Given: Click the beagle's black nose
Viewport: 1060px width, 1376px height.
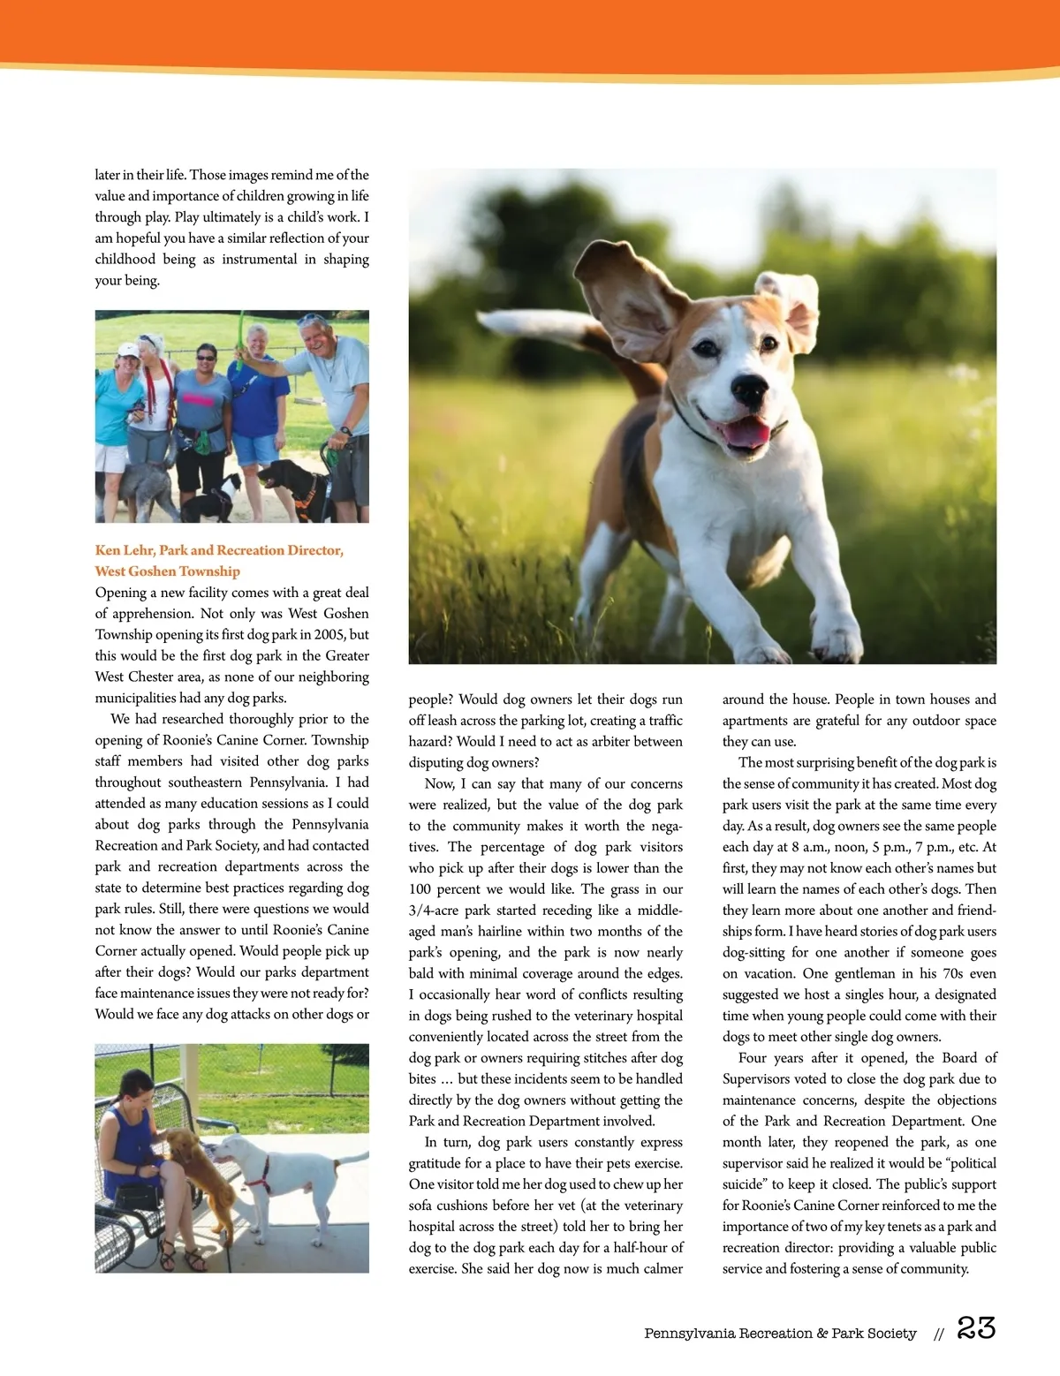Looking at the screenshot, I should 749,389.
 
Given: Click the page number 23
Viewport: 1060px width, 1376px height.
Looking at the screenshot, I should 976,1328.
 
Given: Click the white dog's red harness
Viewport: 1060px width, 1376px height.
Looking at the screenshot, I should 257,1174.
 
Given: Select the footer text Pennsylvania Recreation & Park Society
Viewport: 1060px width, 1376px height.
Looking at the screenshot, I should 780,1333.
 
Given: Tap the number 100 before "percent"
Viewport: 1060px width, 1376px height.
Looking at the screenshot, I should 421,888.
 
